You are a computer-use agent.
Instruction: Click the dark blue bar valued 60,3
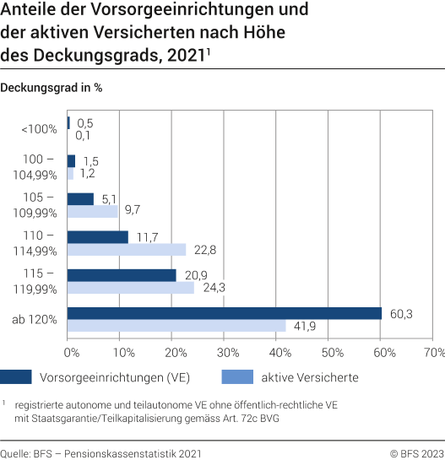point(224,313)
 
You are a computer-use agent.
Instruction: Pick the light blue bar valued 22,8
point(126,250)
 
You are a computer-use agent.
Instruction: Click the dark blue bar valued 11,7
point(97,237)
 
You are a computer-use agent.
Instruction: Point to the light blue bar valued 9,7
point(92,212)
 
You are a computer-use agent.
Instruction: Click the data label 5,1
point(108,199)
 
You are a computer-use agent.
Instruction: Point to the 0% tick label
point(72,350)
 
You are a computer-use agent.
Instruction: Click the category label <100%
point(39,129)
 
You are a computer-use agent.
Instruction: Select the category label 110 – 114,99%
point(38,243)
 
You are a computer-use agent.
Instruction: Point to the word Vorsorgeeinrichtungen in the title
point(170,12)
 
